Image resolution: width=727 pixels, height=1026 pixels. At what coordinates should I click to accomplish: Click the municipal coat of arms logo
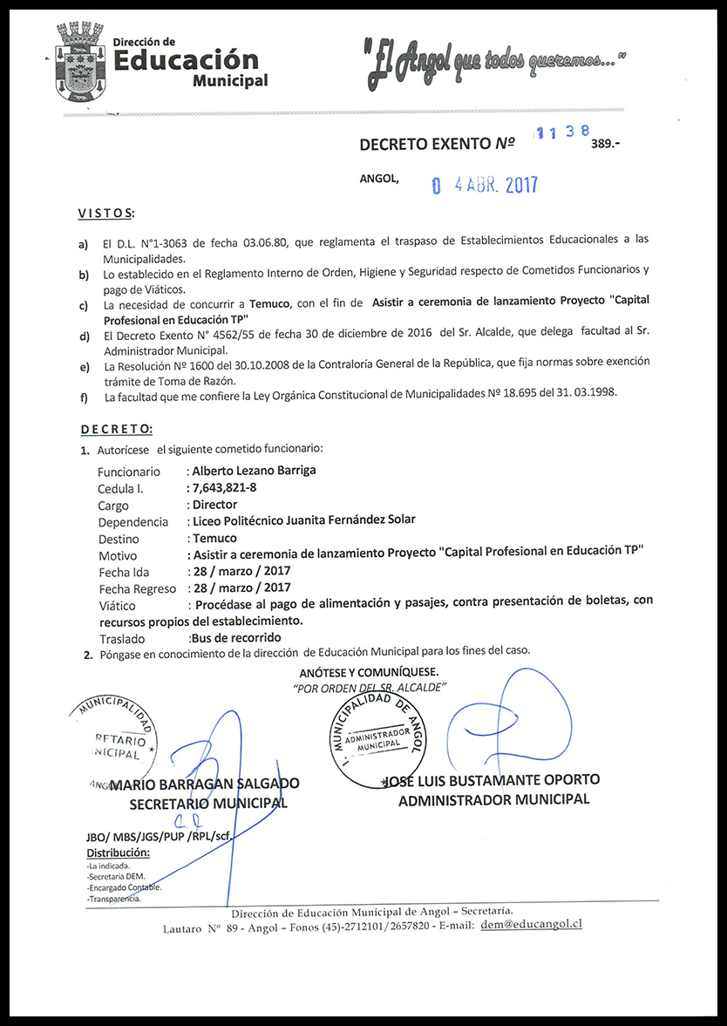pyautogui.click(x=79, y=64)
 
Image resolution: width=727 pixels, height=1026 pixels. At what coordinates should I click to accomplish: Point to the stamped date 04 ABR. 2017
pyautogui.click(x=486, y=185)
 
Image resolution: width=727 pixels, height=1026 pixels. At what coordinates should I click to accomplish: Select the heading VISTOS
pyautogui.click(x=105, y=214)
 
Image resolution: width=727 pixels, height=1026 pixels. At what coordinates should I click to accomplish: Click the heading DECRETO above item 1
pyautogui.click(x=117, y=429)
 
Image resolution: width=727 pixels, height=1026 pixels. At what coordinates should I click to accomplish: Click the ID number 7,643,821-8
pyautogui.click(x=224, y=487)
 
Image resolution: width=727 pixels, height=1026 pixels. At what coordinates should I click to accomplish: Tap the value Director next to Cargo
pyautogui.click(x=214, y=505)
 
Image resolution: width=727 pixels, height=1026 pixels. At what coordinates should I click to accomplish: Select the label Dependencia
pyautogui.click(x=133, y=522)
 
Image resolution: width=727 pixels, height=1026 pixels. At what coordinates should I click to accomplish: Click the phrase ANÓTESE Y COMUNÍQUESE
pyautogui.click(x=369, y=672)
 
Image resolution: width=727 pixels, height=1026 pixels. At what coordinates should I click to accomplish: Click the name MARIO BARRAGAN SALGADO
pyautogui.click(x=206, y=784)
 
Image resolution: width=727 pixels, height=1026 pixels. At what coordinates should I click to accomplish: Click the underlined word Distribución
pyautogui.click(x=119, y=853)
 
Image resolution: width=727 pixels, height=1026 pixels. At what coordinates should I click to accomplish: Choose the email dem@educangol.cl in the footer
pyautogui.click(x=531, y=924)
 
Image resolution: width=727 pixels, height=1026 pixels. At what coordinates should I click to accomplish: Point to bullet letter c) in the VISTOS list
pyautogui.click(x=83, y=305)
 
